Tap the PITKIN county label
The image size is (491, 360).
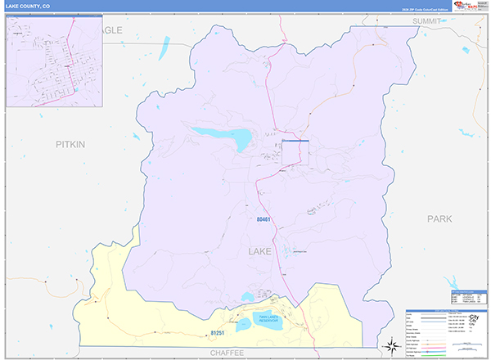tap(70, 144)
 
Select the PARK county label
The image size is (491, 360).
tap(439, 218)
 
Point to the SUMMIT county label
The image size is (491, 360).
tap(427, 20)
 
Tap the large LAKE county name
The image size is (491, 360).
tap(260, 252)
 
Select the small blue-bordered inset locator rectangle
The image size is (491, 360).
tap(295, 153)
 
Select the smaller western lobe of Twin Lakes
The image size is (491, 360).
tap(244, 326)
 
